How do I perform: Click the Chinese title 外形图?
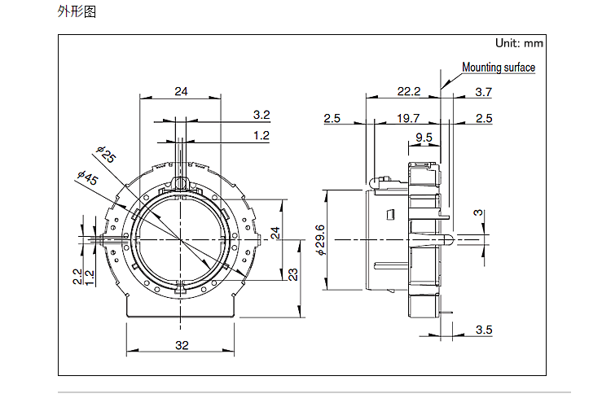(77, 11)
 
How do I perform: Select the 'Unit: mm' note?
(519, 43)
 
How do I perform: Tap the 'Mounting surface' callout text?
(499, 68)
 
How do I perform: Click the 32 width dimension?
(182, 345)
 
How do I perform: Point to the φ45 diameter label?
(88, 177)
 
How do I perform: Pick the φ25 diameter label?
(106, 154)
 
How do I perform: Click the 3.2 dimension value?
(261, 115)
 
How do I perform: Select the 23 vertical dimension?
(293, 274)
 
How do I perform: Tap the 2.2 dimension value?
(77, 277)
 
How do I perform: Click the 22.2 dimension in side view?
(409, 91)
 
